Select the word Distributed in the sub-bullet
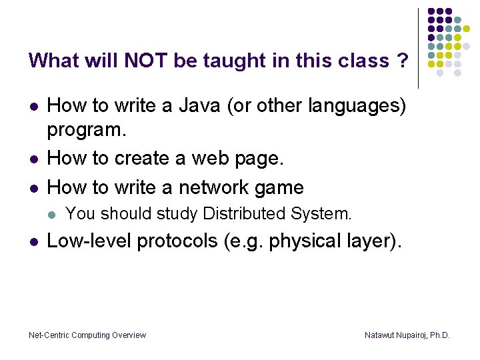click(x=246, y=213)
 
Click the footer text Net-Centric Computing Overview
click(x=87, y=335)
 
